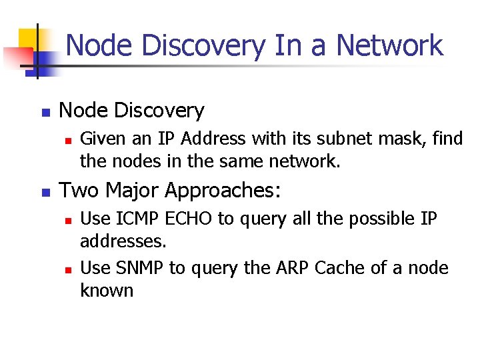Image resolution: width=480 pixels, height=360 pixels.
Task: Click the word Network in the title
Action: click(390, 45)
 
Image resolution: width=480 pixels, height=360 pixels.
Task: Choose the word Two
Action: click(79, 191)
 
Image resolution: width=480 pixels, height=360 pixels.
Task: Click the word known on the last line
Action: click(107, 291)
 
